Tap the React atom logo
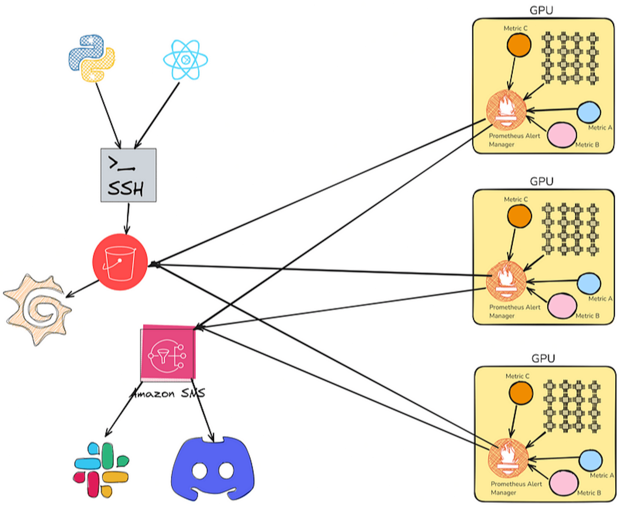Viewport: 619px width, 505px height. (185, 60)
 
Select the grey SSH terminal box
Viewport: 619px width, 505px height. (128, 175)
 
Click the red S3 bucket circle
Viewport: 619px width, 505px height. (120, 262)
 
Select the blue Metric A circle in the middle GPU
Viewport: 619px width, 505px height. (588, 283)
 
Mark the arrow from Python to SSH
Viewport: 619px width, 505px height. (108, 115)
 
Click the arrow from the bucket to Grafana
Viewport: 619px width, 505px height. (82, 289)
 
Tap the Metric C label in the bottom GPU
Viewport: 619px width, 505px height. (517, 376)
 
